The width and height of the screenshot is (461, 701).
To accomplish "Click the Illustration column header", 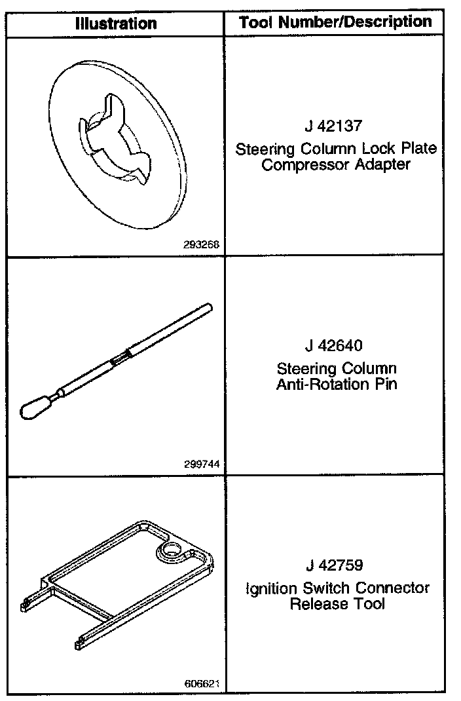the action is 116,24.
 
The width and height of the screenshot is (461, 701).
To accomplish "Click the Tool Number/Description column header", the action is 335,22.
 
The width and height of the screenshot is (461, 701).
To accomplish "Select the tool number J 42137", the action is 335,126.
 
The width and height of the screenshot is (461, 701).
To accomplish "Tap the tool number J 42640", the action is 336,345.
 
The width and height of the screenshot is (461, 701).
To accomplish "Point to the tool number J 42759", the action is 336,565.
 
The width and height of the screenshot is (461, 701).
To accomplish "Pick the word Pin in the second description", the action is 385,384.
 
